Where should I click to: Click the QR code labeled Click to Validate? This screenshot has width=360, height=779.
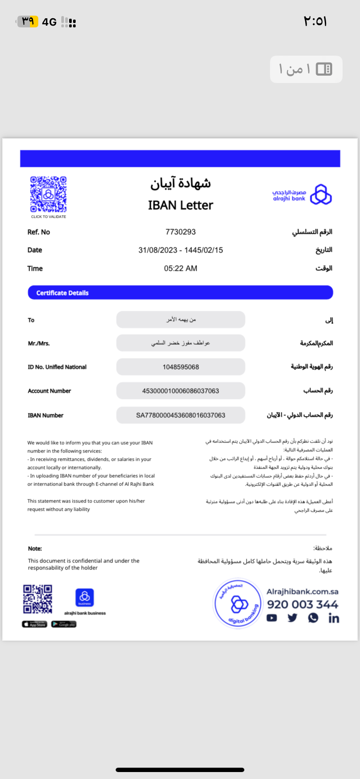click(x=48, y=194)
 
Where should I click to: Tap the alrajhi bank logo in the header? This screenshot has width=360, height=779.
click(x=302, y=194)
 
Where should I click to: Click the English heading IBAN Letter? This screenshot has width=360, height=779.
click(x=180, y=205)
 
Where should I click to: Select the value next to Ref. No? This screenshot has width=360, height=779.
click(x=180, y=232)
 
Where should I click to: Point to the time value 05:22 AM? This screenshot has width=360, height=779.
click(x=180, y=269)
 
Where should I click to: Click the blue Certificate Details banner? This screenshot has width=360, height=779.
click(x=180, y=293)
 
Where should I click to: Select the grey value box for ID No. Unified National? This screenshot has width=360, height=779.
click(x=180, y=367)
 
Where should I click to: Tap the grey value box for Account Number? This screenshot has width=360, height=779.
click(x=180, y=391)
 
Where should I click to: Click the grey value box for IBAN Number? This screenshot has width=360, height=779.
click(x=180, y=415)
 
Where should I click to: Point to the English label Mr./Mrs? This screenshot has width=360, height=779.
click(x=39, y=343)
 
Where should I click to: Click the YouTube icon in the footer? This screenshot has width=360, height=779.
click(x=272, y=618)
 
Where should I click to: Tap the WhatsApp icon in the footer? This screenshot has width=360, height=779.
click(x=313, y=618)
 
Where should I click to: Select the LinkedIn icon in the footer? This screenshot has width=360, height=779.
click(x=334, y=618)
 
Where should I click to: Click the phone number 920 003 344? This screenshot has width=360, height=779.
click(x=303, y=604)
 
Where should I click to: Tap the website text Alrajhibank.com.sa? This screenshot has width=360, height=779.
click(x=303, y=592)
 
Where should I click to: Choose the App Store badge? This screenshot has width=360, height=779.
click(x=34, y=624)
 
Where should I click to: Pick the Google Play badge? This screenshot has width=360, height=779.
click(x=64, y=624)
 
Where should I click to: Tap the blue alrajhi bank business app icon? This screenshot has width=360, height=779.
click(x=85, y=597)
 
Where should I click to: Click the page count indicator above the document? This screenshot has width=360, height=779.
click(x=306, y=69)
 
